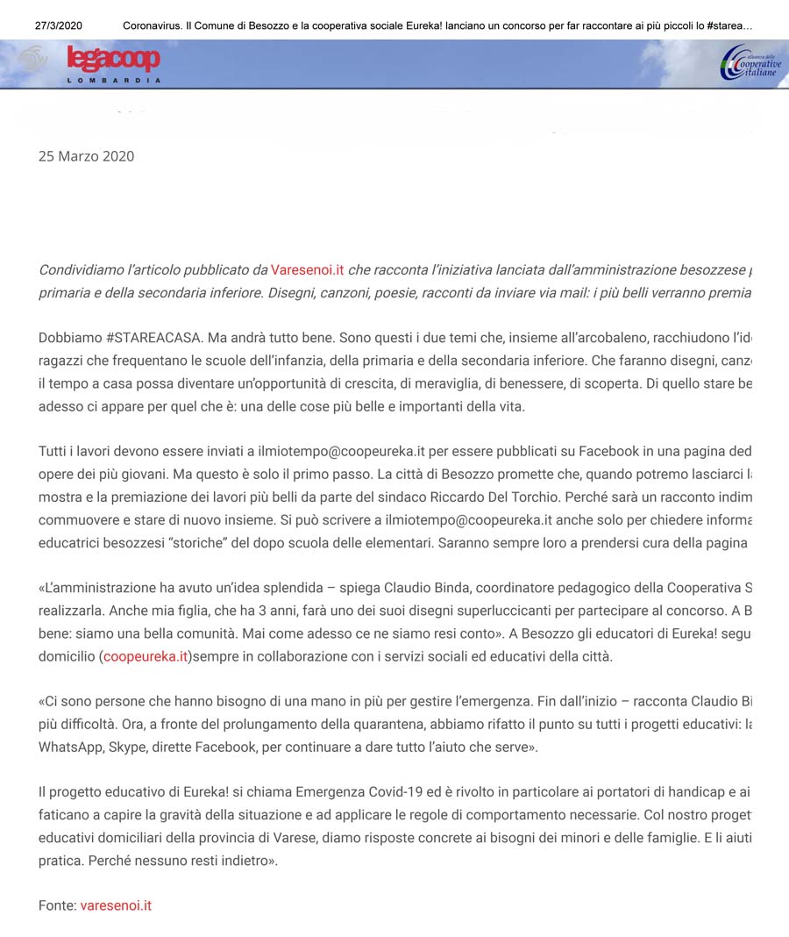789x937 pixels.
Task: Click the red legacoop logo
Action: [x=113, y=60]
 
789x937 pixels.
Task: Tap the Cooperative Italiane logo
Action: [x=750, y=63]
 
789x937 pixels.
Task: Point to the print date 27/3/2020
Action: [x=59, y=25]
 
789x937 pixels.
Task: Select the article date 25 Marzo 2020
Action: [x=86, y=156]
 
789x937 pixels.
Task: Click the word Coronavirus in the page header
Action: [x=151, y=25]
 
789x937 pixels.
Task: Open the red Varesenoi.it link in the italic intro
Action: [x=307, y=269]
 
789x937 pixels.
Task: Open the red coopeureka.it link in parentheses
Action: [x=146, y=655]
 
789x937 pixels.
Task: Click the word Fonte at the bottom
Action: [x=56, y=905]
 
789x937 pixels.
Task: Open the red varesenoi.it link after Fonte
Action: [x=116, y=905]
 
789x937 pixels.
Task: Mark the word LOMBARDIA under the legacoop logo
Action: [x=114, y=81]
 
